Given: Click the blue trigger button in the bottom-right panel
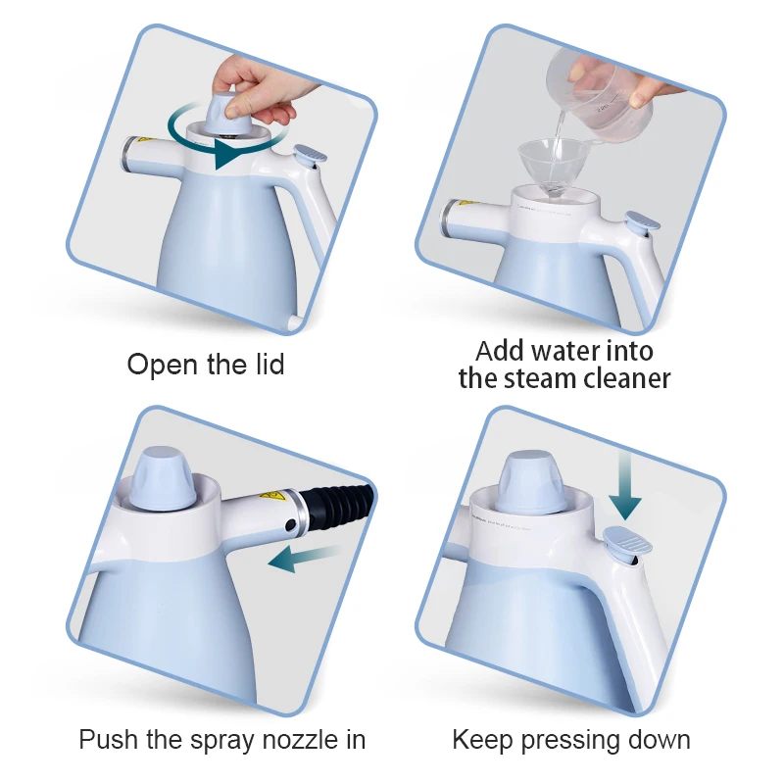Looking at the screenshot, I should click(626, 541).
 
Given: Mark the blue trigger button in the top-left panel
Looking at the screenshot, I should click(311, 154).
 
